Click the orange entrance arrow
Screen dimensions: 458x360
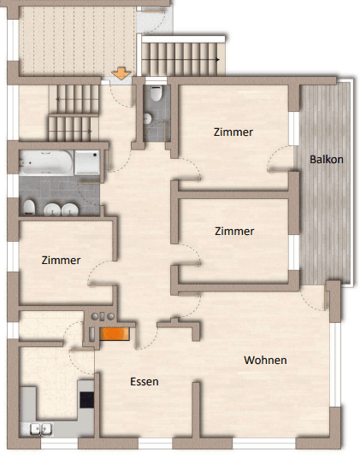click(121, 73)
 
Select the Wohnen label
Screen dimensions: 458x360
click(265, 360)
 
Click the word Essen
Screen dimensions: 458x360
click(145, 382)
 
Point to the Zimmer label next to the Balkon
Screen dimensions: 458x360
click(233, 132)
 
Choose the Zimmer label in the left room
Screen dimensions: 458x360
click(61, 260)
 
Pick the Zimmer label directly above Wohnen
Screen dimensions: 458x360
click(233, 231)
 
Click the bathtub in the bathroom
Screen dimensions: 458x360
click(46, 160)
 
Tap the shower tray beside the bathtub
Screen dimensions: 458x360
click(87, 161)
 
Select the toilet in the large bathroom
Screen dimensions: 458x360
click(28, 208)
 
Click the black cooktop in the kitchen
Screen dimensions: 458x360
click(86, 399)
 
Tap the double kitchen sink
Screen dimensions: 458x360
click(42, 429)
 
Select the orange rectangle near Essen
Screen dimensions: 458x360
click(113, 335)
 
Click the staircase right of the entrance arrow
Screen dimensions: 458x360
click(180, 59)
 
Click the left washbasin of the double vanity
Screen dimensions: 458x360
click(50, 209)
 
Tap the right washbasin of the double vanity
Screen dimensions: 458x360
click(68, 209)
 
